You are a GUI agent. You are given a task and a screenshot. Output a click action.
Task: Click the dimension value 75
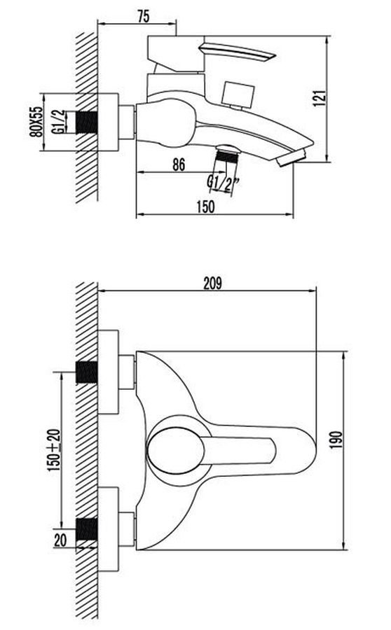[x=143, y=16]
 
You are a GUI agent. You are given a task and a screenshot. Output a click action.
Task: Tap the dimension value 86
[x=179, y=164]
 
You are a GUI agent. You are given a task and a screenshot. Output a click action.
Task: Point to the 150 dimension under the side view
[x=205, y=206]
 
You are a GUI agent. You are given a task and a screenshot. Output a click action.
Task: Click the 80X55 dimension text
[x=36, y=122]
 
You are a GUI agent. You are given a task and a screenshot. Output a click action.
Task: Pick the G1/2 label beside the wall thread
[x=58, y=122]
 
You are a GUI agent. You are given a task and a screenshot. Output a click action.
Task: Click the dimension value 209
[x=212, y=283]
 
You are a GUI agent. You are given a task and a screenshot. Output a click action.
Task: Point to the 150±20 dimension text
[x=55, y=450]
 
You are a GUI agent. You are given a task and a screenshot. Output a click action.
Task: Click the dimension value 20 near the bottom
[x=60, y=540]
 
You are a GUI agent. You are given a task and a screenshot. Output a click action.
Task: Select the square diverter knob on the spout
[x=238, y=94]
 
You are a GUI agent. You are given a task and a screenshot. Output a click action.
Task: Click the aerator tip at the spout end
[x=291, y=157]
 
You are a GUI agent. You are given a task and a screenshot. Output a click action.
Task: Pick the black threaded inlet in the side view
[x=87, y=122]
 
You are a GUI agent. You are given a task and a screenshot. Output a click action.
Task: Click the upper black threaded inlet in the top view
[x=87, y=372]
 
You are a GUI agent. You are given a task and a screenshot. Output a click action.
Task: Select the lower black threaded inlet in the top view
[x=87, y=529]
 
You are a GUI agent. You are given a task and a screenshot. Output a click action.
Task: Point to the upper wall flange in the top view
[x=108, y=372]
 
